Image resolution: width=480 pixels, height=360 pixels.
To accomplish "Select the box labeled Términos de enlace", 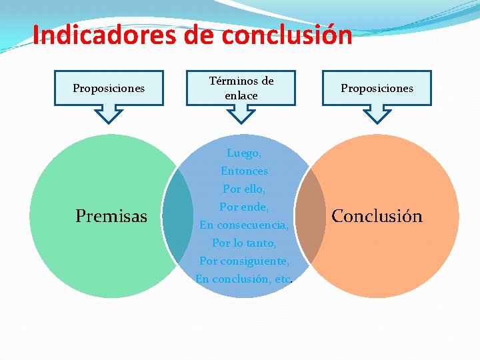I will (x=241, y=88).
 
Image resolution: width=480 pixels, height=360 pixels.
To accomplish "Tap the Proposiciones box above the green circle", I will (x=109, y=88).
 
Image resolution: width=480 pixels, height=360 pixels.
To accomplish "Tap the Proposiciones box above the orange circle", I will (x=377, y=88).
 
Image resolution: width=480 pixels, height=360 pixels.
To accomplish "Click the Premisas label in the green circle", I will (x=111, y=216).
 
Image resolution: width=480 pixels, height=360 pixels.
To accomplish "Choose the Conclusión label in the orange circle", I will (x=377, y=216).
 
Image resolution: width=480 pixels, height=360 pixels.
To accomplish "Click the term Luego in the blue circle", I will (x=243, y=153).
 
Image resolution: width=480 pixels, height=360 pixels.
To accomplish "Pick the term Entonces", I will (x=244, y=171).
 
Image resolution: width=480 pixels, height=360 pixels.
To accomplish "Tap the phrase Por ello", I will (x=244, y=189).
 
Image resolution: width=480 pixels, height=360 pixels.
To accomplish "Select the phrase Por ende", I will (x=244, y=207).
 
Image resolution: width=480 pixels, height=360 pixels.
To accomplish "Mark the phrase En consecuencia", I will (x=244, y=225).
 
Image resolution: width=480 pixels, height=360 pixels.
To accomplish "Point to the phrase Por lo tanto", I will (x=244, y=243).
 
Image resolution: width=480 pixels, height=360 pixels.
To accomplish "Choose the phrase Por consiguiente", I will (x=244, y=261).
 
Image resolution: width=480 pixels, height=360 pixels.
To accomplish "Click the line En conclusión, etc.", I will (x=244, y=279).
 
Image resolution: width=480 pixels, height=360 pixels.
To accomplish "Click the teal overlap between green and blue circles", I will (x=177, y=216).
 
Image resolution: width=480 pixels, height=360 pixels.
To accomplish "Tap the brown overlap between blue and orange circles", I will (x=310, y=216).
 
